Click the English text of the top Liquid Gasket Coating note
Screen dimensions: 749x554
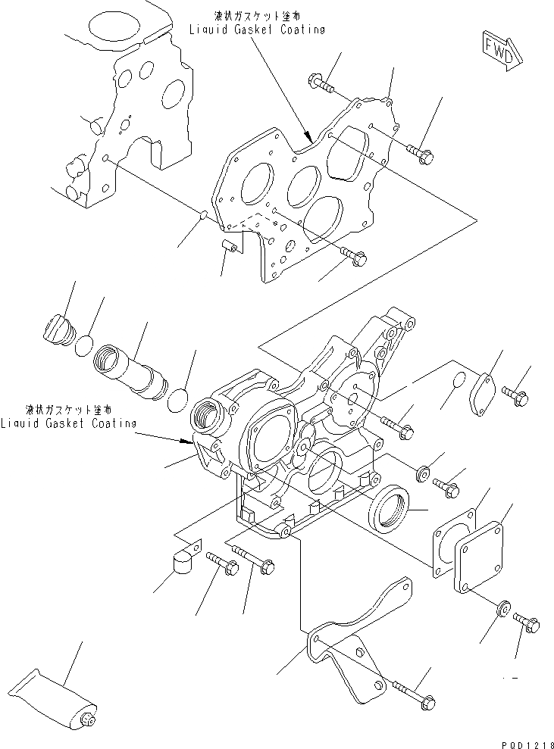tap(258, 30)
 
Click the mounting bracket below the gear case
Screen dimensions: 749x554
tap(356, 643)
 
